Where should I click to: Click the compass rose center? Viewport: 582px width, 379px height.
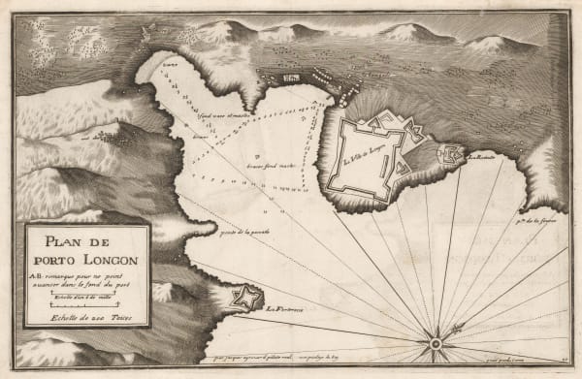coord(436,342)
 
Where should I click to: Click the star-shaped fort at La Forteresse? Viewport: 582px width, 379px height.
coord(246,298)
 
